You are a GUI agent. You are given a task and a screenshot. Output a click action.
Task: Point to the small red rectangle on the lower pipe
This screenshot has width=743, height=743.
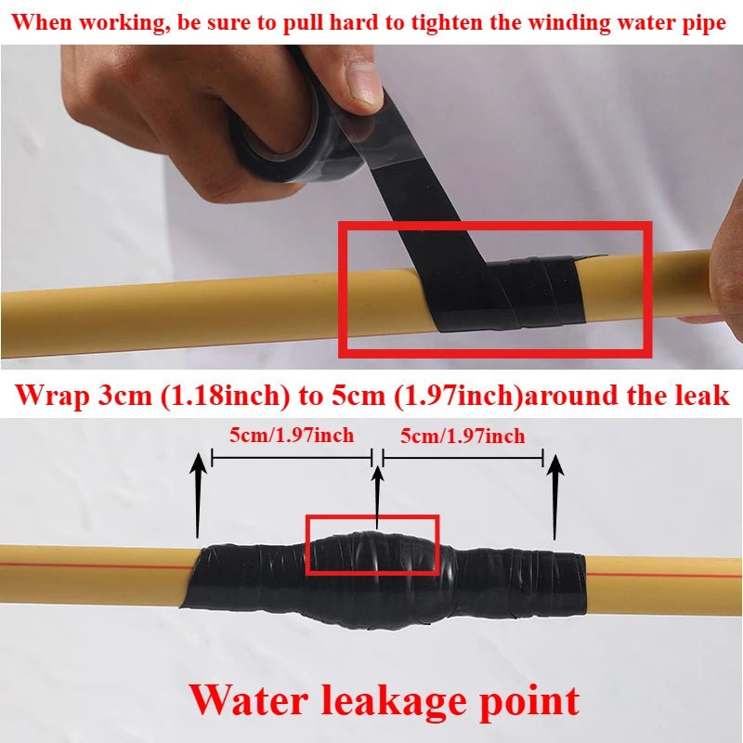pos(371,545)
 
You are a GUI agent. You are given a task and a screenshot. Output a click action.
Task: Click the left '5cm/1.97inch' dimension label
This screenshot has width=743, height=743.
pos(293,435)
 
